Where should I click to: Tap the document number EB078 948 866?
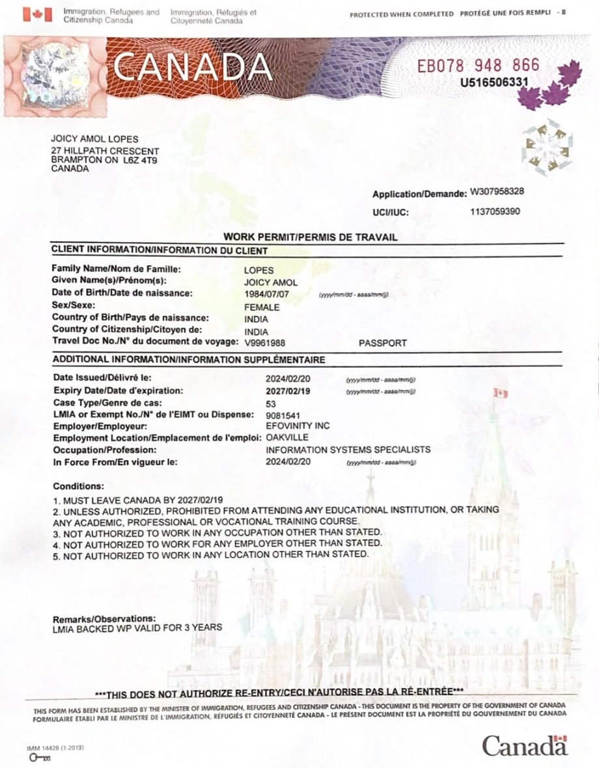(x=479, y=65)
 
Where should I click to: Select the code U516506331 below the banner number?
(x=494, y=83)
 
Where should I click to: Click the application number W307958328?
(x=497, y=192)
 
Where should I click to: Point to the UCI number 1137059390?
(x=495, y=211)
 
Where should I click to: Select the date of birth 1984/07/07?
(x=266, y=294)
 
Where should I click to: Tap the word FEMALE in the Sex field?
(x=262, y=307)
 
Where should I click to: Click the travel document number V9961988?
(x=264, y=342)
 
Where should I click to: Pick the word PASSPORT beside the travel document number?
(x=383, y=342)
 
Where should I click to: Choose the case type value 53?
(x=272, y=404)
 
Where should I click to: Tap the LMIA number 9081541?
(x=283, y=415)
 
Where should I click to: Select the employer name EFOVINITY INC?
(x=298, y=426)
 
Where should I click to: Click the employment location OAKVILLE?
(x=287, y=437)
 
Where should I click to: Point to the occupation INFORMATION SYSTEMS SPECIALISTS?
(x=348, y=450)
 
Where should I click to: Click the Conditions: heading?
(x=78, y=486)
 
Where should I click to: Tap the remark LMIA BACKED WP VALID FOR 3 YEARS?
(x=137, y=628)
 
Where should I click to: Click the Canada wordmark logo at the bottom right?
(x=524, y=745)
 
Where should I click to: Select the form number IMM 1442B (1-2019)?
(x=55, y=749)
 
